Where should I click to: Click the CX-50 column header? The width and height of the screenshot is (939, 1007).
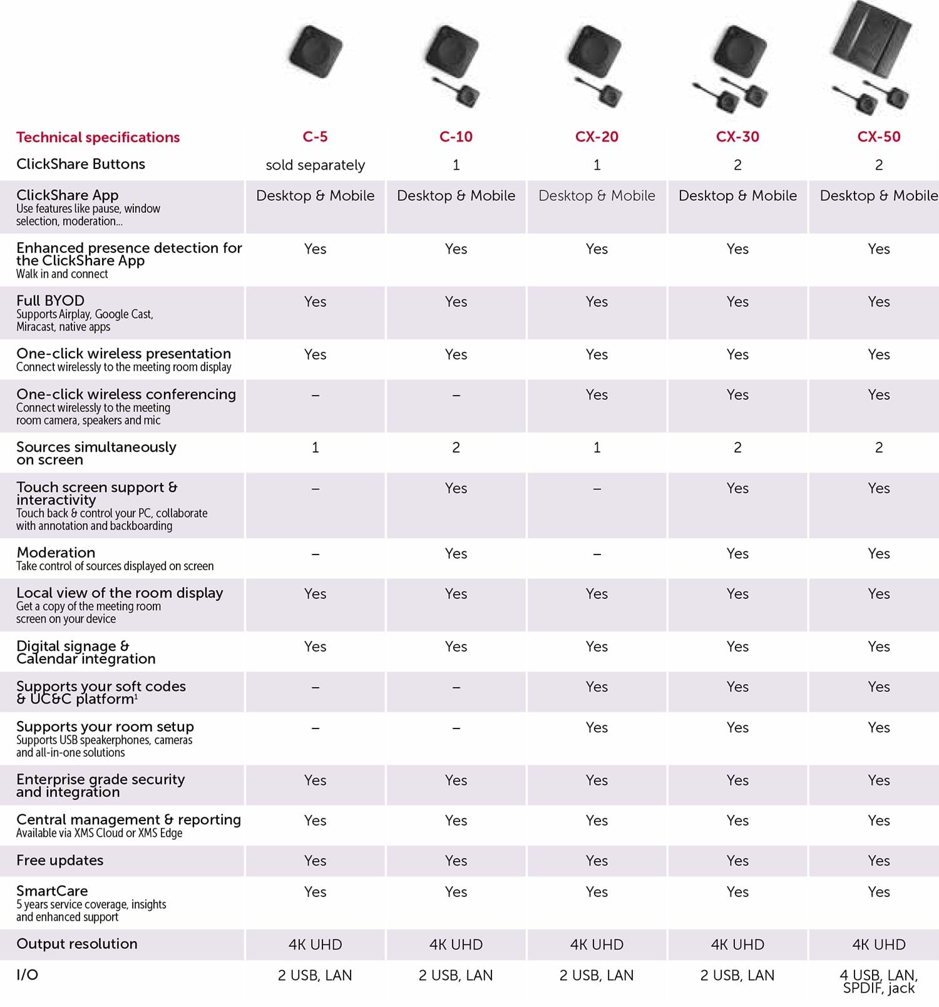(878, 136)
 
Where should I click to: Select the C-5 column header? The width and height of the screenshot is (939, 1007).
(315, 136)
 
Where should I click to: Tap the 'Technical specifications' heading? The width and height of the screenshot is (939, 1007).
(98, 137)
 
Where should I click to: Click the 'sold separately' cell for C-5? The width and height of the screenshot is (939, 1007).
(315, 165)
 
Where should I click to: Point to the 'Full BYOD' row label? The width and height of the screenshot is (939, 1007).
(51, 300)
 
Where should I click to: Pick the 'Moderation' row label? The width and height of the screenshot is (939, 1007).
(56, 553)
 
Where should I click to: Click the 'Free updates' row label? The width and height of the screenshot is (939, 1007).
(60, 861)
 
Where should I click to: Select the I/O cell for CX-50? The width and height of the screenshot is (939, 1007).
(878, 981)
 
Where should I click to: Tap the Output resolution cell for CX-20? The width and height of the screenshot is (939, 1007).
(597, 944)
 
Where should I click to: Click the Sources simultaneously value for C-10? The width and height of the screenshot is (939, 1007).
(456, 447)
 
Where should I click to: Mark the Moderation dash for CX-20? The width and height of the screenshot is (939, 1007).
(597, 554)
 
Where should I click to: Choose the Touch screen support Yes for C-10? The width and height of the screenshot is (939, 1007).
(456, 488)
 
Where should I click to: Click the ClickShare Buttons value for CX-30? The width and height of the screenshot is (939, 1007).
(737, 165)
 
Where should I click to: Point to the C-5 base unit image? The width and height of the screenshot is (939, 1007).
(316, 51)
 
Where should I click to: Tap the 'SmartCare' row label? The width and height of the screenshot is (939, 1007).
(52, 891)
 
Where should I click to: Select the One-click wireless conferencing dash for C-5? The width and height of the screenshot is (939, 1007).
(315, 396)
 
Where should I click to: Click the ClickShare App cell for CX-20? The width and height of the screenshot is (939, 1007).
(597, 196)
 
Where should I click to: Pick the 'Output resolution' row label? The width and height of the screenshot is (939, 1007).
(77, 944)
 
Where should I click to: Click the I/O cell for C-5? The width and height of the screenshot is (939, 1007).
(315, 975)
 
